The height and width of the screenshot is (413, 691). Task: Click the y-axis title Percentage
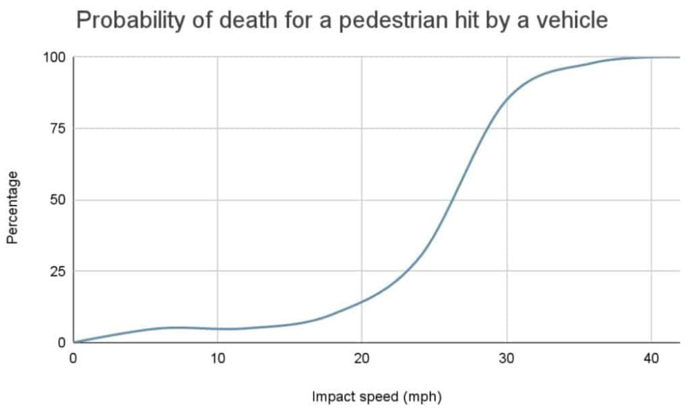12,207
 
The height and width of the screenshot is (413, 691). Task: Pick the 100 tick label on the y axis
55,57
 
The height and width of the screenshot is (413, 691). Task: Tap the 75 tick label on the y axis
58,128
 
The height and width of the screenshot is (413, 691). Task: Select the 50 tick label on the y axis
58,200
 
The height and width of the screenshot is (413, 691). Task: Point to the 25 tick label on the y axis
58,271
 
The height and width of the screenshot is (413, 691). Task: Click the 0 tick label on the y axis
61,343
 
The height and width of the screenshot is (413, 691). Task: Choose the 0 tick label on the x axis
73,359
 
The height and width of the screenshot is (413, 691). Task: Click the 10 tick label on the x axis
218,359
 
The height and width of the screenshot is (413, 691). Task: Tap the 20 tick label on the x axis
362,359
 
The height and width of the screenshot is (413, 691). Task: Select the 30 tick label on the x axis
507,359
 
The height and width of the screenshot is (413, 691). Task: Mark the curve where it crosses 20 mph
362,300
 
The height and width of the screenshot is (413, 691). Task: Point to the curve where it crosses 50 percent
452,200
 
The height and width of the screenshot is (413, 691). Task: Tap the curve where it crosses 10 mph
218,329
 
